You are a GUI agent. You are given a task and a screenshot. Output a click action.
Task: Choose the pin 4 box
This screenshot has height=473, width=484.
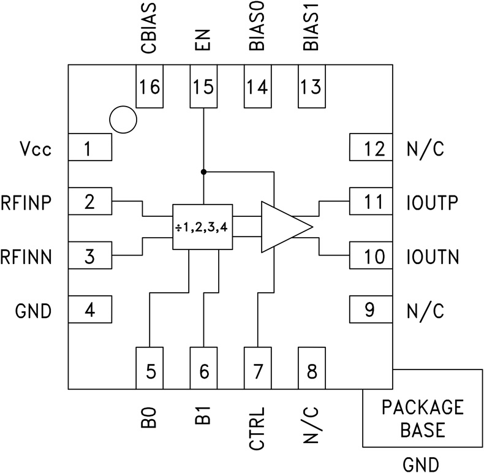point(89,310)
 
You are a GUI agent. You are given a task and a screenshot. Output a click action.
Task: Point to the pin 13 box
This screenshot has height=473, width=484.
point(312,87)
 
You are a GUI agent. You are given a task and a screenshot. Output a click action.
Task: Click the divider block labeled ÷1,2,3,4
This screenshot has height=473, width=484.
point(202,227)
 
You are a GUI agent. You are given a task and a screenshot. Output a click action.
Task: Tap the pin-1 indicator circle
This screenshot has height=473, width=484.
point(122,119)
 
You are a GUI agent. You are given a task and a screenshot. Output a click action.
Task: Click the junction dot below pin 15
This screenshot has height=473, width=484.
point(203,172)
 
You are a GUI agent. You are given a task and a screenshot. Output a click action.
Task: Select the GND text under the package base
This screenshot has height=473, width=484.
point(422,464)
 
